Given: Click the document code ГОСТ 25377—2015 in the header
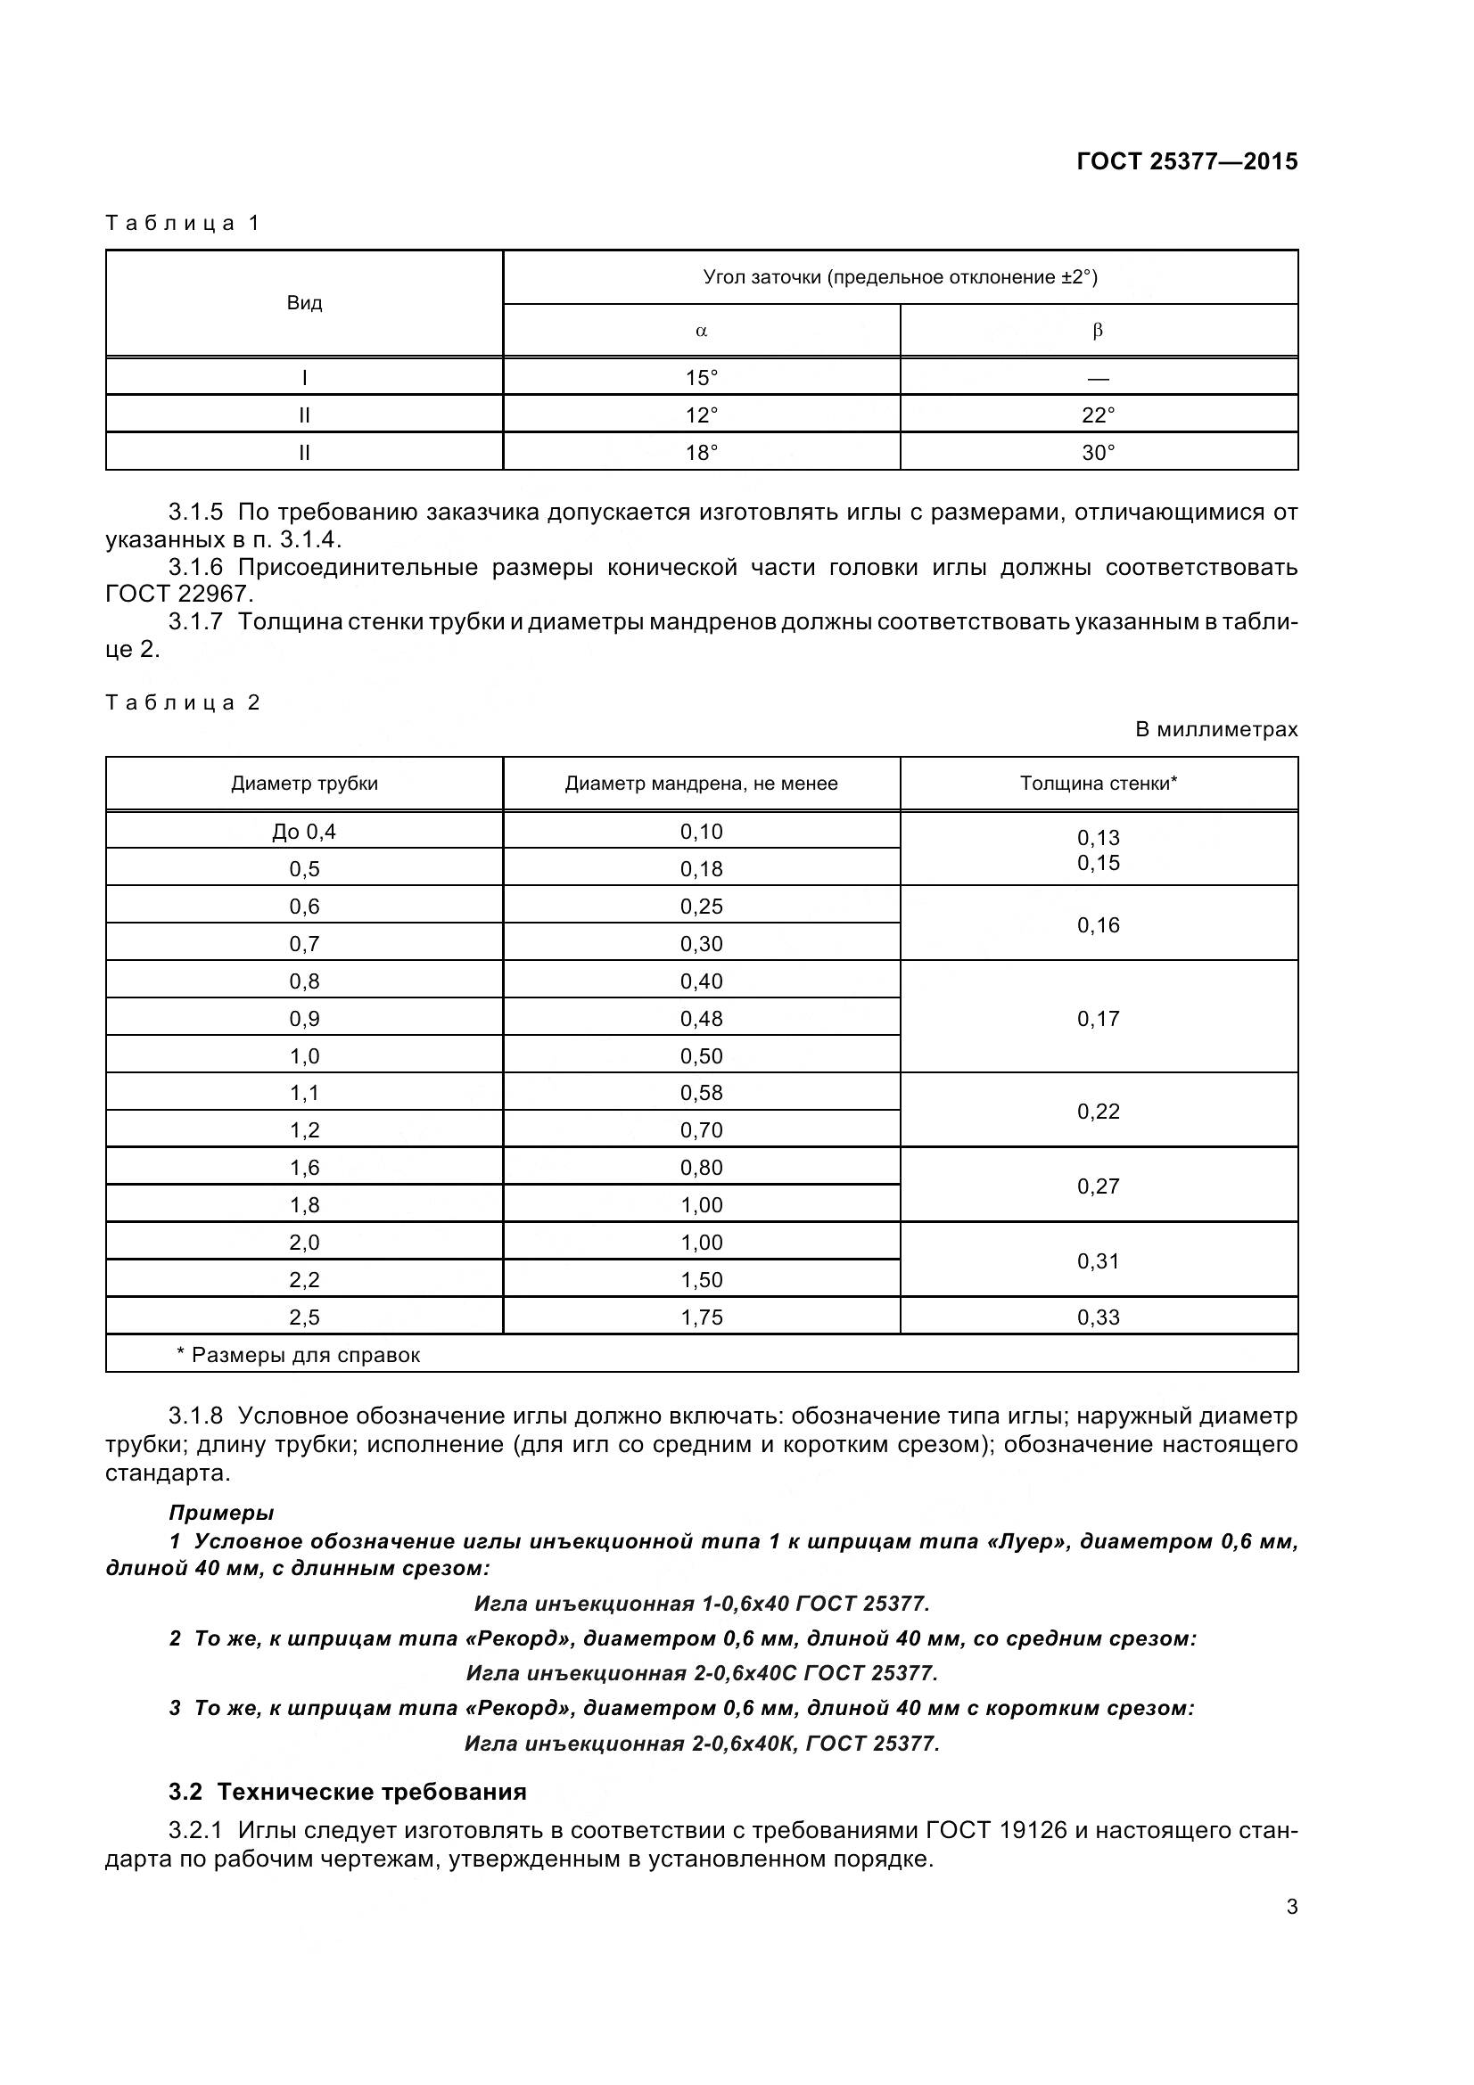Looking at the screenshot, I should (1186, 161).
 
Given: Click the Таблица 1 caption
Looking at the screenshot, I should (183, 224).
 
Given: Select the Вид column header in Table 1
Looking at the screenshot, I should (304, 303).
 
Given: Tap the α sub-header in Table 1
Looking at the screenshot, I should (701, 331).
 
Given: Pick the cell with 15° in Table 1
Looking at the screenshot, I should (701, 378).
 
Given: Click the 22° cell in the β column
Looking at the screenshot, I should (1098, 415).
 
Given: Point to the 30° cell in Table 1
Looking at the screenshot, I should (1098, 452).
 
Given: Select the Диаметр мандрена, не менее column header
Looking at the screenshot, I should (701, 784).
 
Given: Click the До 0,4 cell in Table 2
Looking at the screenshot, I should (304, 832).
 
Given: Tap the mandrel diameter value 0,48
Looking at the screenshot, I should (701, 1019).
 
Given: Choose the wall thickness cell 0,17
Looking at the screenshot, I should (1098, 1019).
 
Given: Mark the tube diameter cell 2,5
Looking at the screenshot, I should (304, 1317).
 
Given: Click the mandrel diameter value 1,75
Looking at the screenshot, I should (701, 1317).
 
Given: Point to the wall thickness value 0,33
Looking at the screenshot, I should (1098, 1317).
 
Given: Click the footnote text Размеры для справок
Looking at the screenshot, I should (305, 1356).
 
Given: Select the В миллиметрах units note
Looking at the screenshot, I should (1216, 729).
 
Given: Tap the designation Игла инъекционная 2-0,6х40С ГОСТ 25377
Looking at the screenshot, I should (701, 1672).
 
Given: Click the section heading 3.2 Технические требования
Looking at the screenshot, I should (347, 1792).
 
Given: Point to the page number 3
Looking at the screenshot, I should (1291, 1907).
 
